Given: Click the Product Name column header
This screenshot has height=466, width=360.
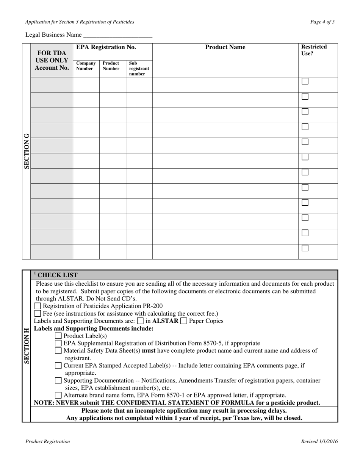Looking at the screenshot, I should [225, 47].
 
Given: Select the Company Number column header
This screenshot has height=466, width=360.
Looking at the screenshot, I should [86, 66].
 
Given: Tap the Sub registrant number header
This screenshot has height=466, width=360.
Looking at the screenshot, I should [139, 69].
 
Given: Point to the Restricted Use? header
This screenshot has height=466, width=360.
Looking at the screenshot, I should [314, 50].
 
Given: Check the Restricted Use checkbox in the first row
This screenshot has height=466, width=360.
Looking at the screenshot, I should [305, 81].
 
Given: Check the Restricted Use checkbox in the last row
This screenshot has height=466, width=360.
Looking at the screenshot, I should [305, 248].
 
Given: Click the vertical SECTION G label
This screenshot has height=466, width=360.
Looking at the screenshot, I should [27, 151].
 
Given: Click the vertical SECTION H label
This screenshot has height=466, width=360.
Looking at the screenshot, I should [27, 346].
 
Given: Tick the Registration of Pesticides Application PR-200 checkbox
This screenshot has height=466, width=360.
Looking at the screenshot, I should [38, 306].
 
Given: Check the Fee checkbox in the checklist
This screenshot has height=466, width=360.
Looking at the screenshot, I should [38, 314].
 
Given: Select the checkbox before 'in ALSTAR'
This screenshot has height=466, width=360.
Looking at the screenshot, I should [141, 321].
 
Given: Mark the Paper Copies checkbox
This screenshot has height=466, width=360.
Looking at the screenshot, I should [184, 321].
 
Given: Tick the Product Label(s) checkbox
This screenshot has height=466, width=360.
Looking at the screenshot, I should [58, 336].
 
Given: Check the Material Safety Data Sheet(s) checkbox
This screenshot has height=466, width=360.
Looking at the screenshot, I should [58, 351].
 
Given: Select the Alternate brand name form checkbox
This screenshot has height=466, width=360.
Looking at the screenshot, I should [58, 395].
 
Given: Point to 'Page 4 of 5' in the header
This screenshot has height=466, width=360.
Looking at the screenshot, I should [322, 22].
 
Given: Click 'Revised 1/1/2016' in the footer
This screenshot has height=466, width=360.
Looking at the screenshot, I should [319, 441].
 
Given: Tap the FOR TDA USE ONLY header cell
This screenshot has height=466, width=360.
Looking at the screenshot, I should [52, 60].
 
